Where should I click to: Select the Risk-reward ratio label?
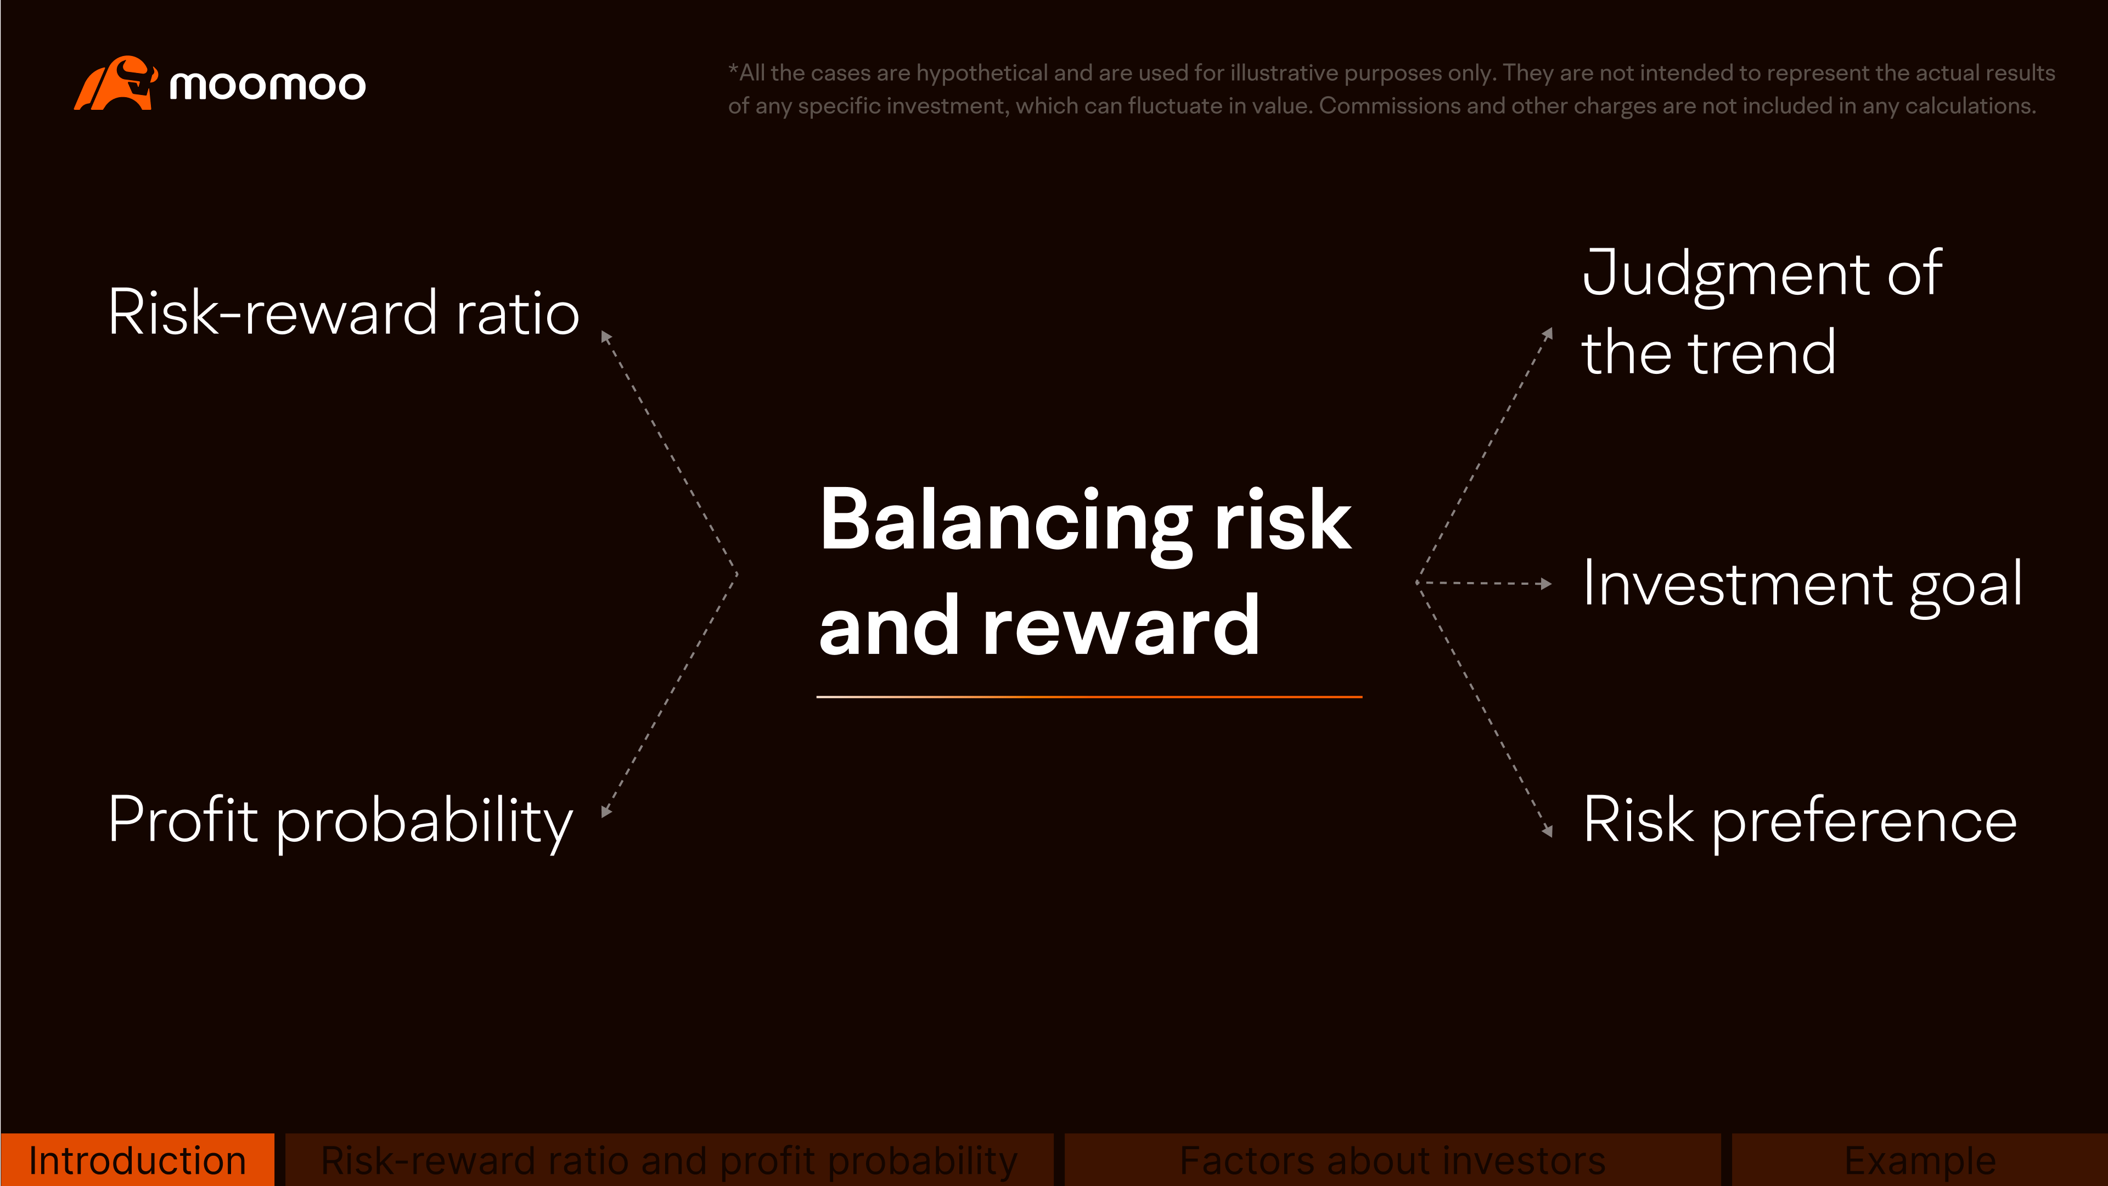pos(344,314)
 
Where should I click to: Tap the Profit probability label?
pos(340,820)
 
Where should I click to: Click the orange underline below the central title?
pos(1088,697)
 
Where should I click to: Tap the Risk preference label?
pos(1798,820)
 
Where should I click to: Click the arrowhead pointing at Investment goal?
pos(1545,584)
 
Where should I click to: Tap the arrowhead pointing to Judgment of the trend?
pos(1548,333)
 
